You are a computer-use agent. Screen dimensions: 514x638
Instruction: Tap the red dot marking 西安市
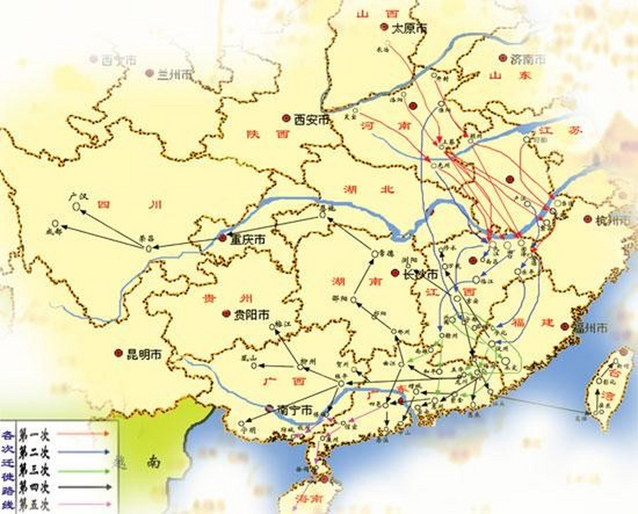click(286, 118)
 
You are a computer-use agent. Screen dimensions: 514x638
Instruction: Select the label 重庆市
click(247, 240)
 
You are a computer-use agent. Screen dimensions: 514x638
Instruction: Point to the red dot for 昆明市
click(118, 353)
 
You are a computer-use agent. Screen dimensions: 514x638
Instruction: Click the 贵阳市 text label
click(251, 314)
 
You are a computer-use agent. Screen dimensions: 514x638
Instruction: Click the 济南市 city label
click(528, 59)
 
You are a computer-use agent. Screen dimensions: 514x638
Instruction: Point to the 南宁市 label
click(294, 410)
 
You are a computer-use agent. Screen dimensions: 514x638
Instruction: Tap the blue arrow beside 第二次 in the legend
click(83, 452)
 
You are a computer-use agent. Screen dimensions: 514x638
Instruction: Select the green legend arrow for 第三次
click(83, 470)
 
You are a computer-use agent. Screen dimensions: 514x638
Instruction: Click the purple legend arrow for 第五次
click(83, 504)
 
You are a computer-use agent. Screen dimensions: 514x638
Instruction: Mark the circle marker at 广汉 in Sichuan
click(76, 206)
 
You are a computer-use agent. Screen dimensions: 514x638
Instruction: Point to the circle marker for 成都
click(55, 223)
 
